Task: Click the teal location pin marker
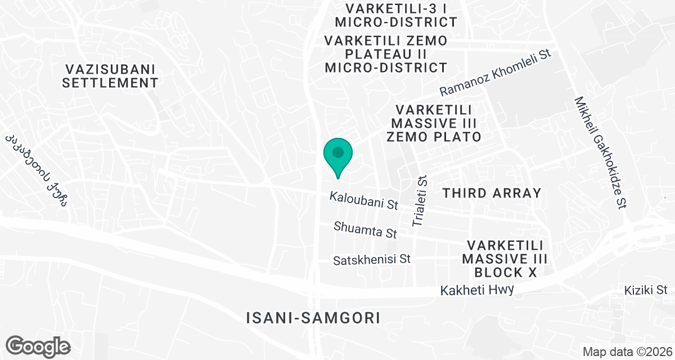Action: [338, 157]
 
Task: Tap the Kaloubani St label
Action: [364, 201]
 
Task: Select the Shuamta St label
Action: [366, 229]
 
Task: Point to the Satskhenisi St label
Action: [372, 260]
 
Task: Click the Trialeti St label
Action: [421, 201]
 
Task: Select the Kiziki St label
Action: [646, 291]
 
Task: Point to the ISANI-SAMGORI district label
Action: [313, 318]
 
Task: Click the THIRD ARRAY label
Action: [492, 193]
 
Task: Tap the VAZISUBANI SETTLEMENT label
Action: [110, 76]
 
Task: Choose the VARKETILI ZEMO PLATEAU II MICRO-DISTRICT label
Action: [386, 55]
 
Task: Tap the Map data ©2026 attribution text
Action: [627, 352]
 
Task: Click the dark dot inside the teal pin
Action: [338, 152]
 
